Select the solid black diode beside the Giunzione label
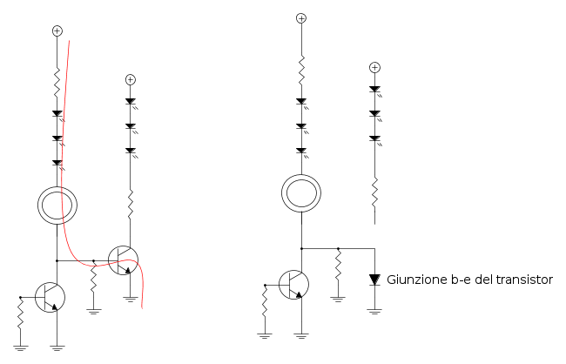tap(374, 280)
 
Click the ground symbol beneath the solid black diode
tap(374, 312)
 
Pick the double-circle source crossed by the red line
tap(57, 206)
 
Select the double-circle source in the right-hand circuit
tap(301, 193)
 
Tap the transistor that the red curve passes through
tap(123, 260)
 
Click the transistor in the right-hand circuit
tap(293, 285)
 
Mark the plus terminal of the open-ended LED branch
tap(374, 68)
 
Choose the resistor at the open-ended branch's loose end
tap(374, 192)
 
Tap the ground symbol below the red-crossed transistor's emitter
tap(131, 299)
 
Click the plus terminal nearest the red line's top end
tap(57, 31)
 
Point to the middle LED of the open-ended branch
tap(375, 115)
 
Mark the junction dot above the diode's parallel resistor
tap(338, 249)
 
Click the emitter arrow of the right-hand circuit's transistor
tap(298, 294)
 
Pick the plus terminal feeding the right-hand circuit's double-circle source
tap(301, 18)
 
